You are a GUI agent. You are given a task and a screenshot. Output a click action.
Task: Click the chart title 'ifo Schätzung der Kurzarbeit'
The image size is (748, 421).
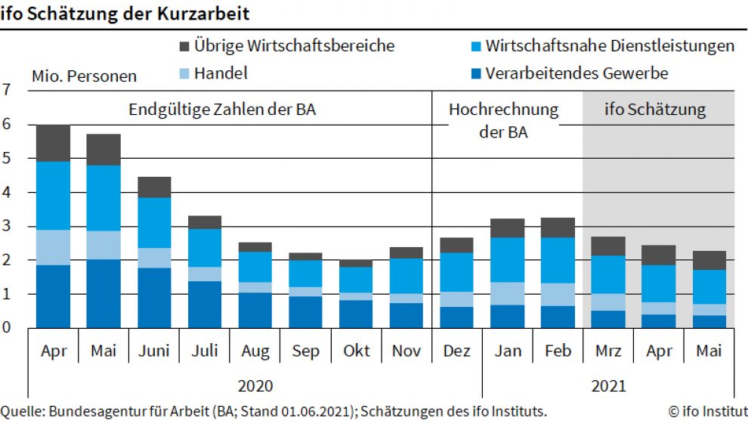pyautogui.click(x=125, y=14)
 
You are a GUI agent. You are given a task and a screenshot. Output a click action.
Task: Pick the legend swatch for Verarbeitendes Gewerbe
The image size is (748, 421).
pyautogui.click(x=474, y=74)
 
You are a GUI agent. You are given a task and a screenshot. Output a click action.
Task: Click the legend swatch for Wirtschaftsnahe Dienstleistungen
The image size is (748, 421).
pyautogui.click(x=474, y=46)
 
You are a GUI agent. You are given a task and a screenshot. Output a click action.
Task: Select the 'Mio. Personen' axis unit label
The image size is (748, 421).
pyautogui.click(x=84, y=76)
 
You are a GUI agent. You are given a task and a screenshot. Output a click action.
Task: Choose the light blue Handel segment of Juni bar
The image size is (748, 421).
pyautogui.click(x=153, y=258)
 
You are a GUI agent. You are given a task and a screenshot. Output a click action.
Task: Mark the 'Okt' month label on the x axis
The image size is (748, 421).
pyautogui.click(x=357, y=351)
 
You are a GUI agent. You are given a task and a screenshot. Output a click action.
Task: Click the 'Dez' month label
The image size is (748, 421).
pyautogui.click(x=457, y=351)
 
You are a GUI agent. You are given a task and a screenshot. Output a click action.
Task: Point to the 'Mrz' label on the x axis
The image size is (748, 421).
pyautogui.click(x=608, y=351)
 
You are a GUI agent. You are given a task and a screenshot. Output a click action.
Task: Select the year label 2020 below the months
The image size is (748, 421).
pyautogui.click(x=255, y=385)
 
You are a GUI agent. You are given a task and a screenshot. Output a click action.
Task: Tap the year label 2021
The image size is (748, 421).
pyautogui.click(x=608, y=385)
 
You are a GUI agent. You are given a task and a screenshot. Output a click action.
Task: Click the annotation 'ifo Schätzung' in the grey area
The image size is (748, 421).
pyautogui.click(x=655, y=110)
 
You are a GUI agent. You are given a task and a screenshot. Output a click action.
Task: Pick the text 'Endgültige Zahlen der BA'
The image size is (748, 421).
pyautogui.click(x=222, y=110)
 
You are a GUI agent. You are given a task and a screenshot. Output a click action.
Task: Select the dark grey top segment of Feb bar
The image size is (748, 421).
pyautogui.click(x=558, y=228)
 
